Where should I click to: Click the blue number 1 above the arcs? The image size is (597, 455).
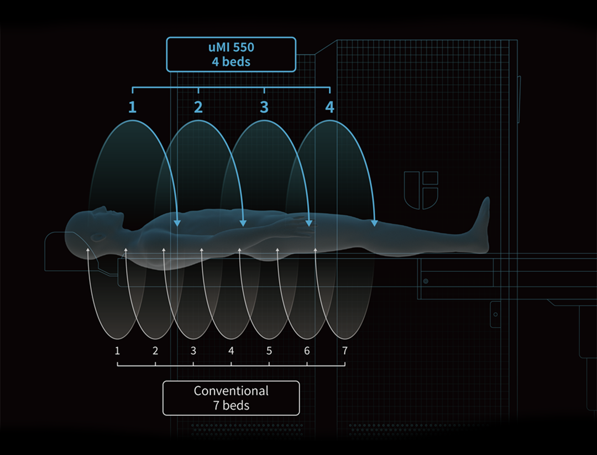[132, 107]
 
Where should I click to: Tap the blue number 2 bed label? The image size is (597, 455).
[198, 107]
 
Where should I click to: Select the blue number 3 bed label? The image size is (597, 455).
[264, 107]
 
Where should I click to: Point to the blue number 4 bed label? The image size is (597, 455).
[330, 107]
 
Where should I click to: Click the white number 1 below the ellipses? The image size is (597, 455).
[117, 350]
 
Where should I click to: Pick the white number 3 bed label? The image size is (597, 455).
[193, 350]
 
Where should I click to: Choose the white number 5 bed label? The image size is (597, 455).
[269, 350]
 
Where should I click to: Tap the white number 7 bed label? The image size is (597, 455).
[345, 350]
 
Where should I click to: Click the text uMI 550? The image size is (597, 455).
[231, 47]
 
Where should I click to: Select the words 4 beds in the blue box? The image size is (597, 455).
[231, 61]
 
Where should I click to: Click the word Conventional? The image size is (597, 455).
[231, 391]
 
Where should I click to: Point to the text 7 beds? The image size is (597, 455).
[231, 406]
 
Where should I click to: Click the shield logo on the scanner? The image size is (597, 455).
[421, 190]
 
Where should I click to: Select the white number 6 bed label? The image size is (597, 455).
[307, 350]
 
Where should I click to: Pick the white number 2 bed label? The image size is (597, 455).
[155, 350]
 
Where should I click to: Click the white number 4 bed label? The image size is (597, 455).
[231, 350]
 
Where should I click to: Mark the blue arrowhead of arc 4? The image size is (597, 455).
[374, 223]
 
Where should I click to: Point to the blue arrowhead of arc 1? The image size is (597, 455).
[177, 223]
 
